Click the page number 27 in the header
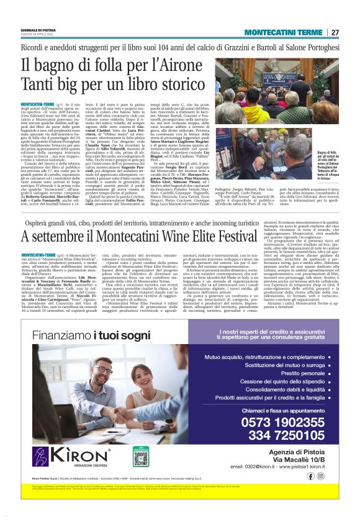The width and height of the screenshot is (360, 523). tap(335, 32)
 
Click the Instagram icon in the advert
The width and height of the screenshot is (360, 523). tap(320, 475)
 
